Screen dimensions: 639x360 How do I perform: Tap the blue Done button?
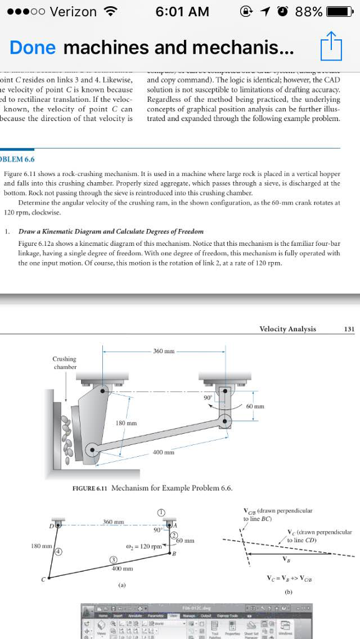point(32,47)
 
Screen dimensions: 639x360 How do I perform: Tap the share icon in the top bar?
point(328,47)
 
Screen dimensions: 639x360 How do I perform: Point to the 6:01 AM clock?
point(182,12)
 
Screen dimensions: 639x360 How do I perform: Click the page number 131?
point(349,329)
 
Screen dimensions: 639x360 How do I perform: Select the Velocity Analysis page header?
point(288,329)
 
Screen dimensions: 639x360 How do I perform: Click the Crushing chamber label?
point(64,363)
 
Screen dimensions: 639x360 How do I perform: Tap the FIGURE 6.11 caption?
point(153,487)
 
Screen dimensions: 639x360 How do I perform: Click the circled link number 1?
point(161,511)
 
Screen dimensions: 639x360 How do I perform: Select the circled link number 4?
point(58,553)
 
